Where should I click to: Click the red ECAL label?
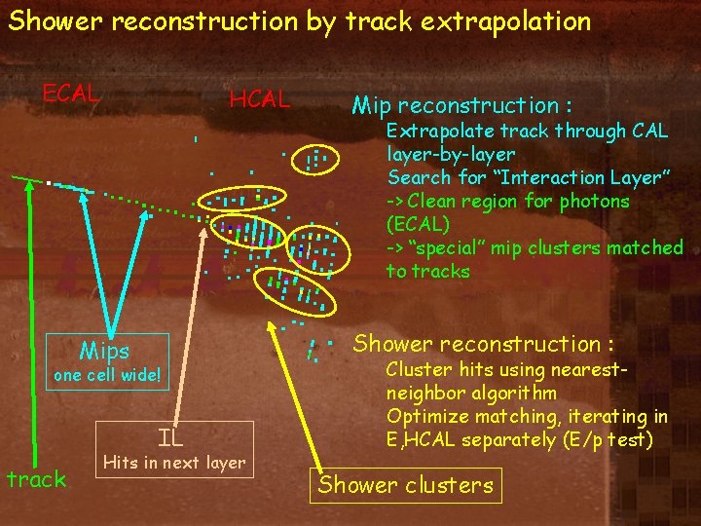pyautogui.click(x=70, y=93)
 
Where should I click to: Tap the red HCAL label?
pyautogui.click(x=259, y=98)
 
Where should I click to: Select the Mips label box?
pyautogui.click(x=104, y=350)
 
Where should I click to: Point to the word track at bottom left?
pyautogui.click(x=36, y=478)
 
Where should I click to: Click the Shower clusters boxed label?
pyautogui.click(x=406, y=484)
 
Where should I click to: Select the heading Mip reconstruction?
pyautogui.click(x=461, y=104)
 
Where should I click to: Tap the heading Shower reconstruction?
pyautogui.click(x=483, y=344)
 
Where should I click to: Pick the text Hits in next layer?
pyautogui.click(x=174, y=462)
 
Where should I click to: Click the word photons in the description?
pyautogui.click(x=597, y=201)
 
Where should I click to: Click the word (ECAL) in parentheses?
pyautogui.click(x=419, y=224)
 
